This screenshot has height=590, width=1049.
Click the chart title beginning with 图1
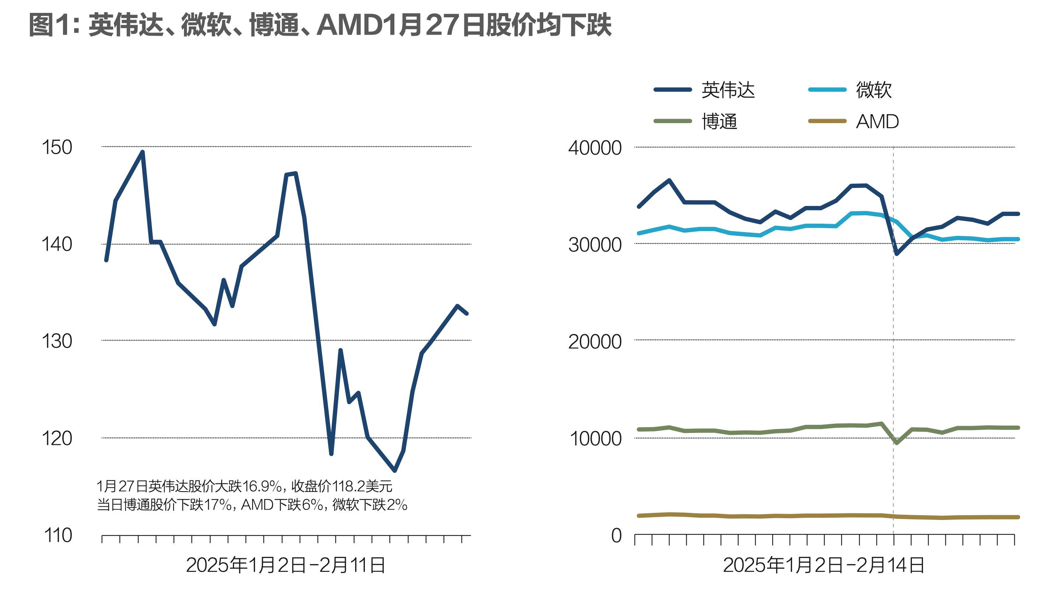pyautogui.click(x=320, y=25)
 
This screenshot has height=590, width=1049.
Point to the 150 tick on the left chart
pyautogui.click(x=57, y=147)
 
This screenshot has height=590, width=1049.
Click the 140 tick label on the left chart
pyautogui.click(x=57, y=244)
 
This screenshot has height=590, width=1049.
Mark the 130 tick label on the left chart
pyautogui.click(x=57, y=341)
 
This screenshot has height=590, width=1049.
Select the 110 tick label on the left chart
pyautogui.click(x=58, y=535)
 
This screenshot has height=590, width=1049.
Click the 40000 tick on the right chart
pyautogui.click(x=595, y=147)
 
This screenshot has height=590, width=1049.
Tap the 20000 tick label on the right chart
pyautogui.click(x=595, y=341)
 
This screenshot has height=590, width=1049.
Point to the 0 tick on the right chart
pyautogui.click(x=616, y=535)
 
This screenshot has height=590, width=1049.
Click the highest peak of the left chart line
pyautogui.click(x=142, y=152)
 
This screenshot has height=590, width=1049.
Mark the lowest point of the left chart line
pyautogui.click(x=395, y=471)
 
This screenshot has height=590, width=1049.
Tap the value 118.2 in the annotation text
pyautogui.click(x=349, y=486)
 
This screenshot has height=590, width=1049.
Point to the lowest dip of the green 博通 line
pyautogui.click(x=896, y=443)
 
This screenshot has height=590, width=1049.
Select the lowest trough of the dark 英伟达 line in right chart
pyautogui.click(x=896, y=254)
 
